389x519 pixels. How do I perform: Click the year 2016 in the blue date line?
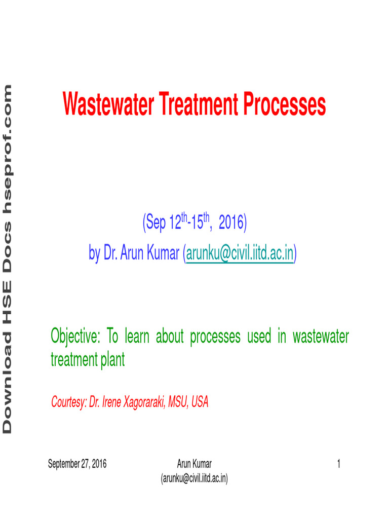(x=232, y=224)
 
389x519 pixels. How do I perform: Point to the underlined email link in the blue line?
(x=240, y=253)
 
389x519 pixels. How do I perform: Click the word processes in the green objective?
(x=215, y=337)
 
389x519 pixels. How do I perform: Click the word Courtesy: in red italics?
(x=69, y=403)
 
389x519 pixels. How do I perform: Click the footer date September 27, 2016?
(x=77, y=463)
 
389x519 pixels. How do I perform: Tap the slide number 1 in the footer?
(x=338, y=463)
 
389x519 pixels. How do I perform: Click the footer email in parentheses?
(x=194, y=477)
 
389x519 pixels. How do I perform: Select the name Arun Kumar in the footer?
(x=194, y=463)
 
